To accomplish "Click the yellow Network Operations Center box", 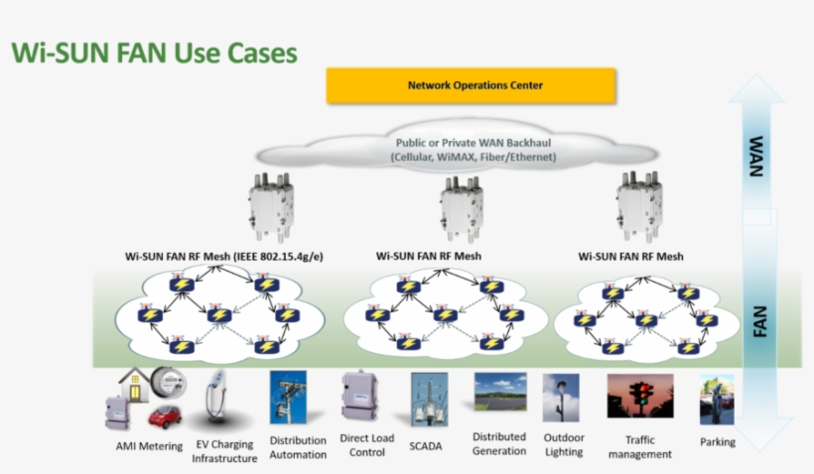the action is point(471,85).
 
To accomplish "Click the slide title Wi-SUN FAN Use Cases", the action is point(154,53).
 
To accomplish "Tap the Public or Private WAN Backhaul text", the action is point(473,143).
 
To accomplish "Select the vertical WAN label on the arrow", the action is point(756,156).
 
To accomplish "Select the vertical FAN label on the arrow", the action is point(759,321).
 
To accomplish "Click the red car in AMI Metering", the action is point(165,416).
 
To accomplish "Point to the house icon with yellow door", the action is point(134,385).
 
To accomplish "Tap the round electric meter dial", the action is point(169,382).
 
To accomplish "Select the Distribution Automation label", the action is point(298,447).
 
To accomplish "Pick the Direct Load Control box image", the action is point(359,396).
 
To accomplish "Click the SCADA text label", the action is point(425,446).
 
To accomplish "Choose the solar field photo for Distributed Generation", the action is point(500,392).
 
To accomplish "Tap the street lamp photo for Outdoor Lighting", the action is point(561,398).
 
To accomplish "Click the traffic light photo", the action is point(640,396).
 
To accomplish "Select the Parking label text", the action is point(718,442).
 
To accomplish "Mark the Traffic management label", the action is point(640,447).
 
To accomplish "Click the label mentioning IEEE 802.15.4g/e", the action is point(223,256).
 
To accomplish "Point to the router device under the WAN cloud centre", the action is point(462,209).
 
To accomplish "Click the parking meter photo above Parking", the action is point(717,400).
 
